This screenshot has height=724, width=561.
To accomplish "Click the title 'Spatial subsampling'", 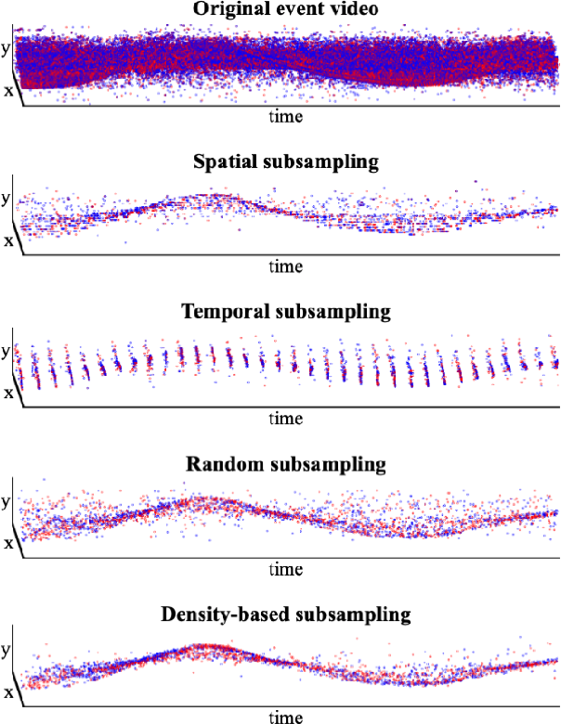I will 285,161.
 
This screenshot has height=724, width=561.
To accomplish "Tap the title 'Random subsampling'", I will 285,462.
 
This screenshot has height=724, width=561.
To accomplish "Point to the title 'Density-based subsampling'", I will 285,614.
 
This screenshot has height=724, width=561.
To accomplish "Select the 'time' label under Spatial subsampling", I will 285,266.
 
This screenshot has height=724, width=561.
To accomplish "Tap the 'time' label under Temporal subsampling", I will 285,418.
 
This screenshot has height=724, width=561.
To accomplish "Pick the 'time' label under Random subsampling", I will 285,568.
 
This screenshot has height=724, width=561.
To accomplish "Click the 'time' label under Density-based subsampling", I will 285,718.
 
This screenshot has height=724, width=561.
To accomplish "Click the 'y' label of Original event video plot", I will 7,49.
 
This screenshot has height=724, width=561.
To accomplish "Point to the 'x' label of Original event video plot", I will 8,90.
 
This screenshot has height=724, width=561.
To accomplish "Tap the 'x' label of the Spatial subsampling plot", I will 8,240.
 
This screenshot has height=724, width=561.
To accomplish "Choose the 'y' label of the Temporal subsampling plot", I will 7,351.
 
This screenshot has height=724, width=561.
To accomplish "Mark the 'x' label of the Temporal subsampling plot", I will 8,392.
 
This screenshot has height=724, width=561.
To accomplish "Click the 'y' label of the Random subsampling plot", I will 7,502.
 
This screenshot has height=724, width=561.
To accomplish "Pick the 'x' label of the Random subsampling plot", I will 8,543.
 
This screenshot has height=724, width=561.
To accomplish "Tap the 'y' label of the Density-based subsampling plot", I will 7,652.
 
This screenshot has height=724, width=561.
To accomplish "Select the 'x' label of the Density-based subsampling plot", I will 8,692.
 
